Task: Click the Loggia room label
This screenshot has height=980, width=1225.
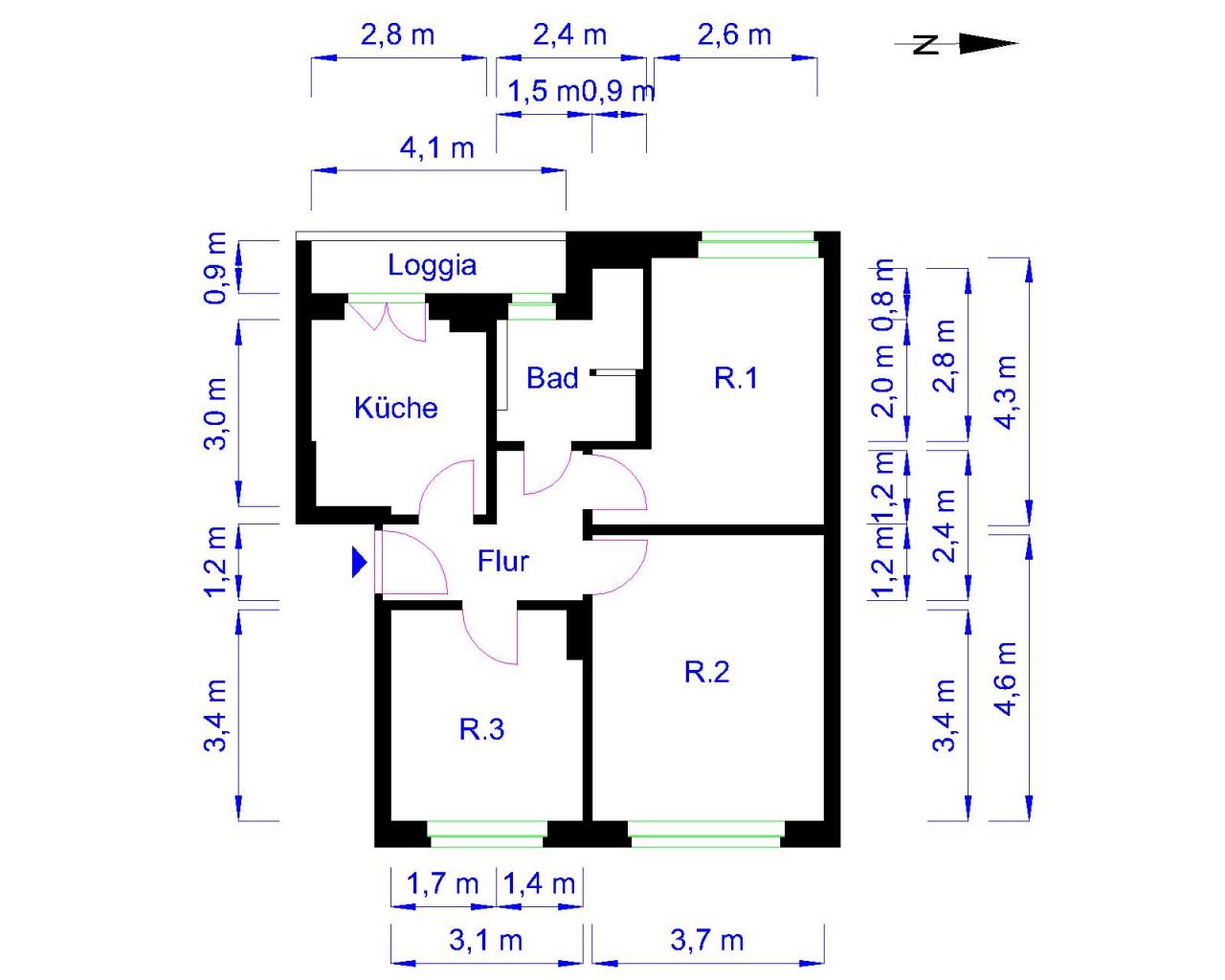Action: (432, 265)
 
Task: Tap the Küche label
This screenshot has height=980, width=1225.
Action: (395, 408)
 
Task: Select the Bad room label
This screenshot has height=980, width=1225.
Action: (552, 378)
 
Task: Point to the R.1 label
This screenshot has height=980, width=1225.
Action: (736, 378)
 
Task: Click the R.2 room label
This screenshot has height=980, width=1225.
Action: (706, 672)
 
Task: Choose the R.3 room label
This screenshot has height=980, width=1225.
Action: (481, 730)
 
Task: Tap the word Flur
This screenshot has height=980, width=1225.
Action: (502, 561)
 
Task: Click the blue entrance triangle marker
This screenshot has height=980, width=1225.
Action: (359, 562)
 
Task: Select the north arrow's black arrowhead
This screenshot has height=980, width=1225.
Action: (989, 43)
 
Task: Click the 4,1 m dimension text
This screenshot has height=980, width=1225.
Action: (436, 148)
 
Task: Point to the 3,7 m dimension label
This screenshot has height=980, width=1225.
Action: (707, 940)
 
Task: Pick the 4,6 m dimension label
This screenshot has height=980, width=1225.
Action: (1007, 679)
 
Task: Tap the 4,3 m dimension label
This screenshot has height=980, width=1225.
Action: (1007, 392)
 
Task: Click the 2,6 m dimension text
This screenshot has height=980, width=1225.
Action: (734, 35)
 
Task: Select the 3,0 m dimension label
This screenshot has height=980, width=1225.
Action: (215, 414)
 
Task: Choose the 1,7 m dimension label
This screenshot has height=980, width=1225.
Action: (442, 884)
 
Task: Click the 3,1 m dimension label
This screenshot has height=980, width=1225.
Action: (485, 940)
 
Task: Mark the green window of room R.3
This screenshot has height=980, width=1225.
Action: (487, 834)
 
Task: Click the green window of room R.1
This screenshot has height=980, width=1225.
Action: (759, 245)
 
